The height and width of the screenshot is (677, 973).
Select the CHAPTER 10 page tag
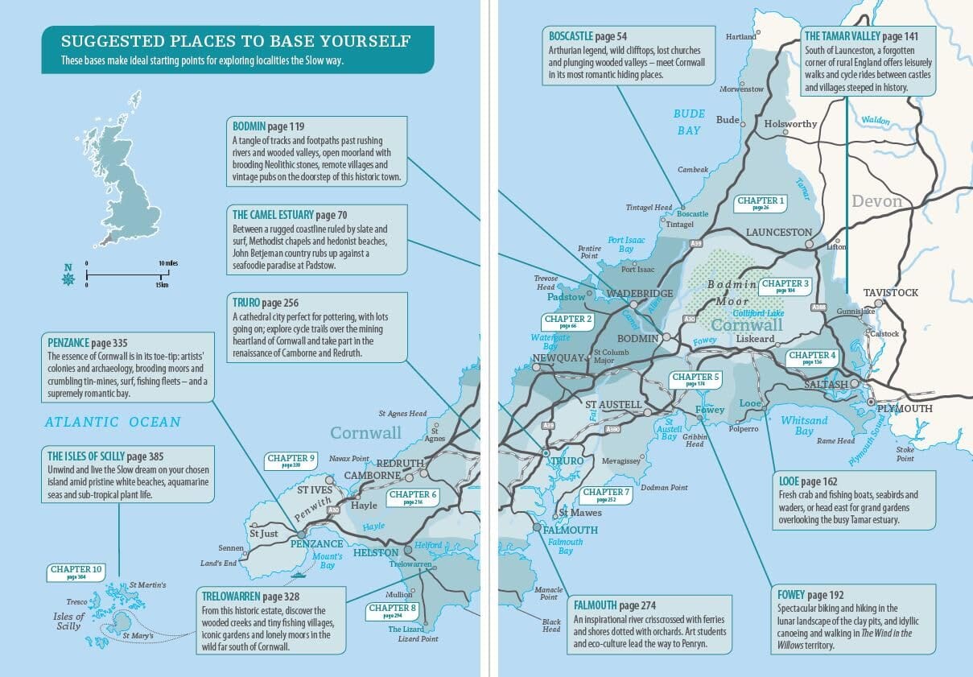click(x=76, y=572)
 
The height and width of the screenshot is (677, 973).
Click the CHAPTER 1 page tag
click(x=761, y=203)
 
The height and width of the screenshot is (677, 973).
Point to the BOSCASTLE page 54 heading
click(x=588, y=36)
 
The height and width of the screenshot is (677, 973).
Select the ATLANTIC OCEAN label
click(x=113, y=422)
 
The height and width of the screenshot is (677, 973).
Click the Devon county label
click(x=876, y=201)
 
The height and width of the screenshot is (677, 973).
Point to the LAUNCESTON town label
click(x=779, y=232)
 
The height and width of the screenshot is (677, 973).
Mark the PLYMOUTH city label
click(x=905, y=409)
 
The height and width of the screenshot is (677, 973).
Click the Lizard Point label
click(x=418, y=639)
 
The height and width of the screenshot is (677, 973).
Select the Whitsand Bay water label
click(x=804, y=426)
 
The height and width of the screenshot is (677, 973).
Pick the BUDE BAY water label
click(x=690, y=122)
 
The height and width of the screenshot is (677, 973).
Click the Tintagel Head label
click(x=649, y=208)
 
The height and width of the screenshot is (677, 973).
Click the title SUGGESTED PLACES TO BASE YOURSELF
click(x=236, y=41)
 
